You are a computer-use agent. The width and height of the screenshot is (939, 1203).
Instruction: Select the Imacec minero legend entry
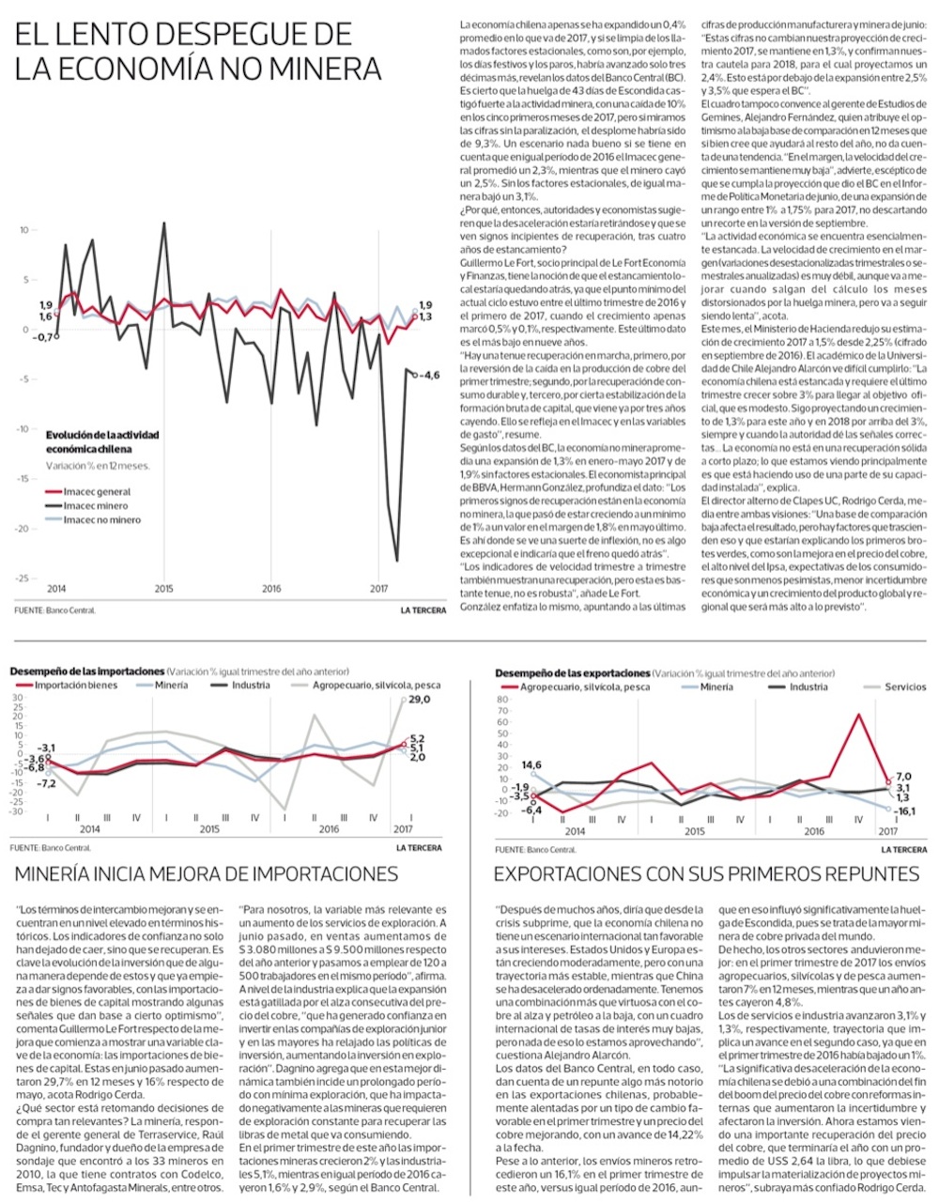click(x=95, y=506)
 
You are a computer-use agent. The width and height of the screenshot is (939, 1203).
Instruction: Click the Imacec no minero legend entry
click(x=101, y=520)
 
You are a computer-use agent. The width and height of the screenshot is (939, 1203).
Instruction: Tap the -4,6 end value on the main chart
click(x=428, y=375)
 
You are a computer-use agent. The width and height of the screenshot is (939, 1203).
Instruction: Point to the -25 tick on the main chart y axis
click(x=24, y=578)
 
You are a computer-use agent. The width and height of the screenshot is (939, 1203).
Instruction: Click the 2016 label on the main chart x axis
click(x=271, y=590)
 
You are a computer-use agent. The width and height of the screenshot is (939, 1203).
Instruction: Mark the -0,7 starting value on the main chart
click(x=40, y=336)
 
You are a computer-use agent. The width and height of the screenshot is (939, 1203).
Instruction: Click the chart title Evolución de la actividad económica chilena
click(x=102, y=442)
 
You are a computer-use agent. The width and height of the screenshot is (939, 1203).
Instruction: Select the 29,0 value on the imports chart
click(x=419, y=700)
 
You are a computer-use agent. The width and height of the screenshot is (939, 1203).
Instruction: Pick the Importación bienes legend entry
click(x=76, y=686)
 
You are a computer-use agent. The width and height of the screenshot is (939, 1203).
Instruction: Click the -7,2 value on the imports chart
click(x=46, y=782)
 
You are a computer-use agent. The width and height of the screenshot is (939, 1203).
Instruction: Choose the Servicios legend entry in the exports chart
click(x=905, y=687)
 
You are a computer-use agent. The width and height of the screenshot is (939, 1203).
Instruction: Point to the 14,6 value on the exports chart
click(x=531, y=765)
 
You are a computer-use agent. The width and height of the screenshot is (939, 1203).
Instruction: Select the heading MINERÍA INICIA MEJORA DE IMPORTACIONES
click(x=207, y=874)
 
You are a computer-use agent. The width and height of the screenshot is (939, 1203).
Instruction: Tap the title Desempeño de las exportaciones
click(x=573, y=673)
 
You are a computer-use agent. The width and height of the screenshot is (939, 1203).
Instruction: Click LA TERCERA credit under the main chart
click(x=423, y=610)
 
